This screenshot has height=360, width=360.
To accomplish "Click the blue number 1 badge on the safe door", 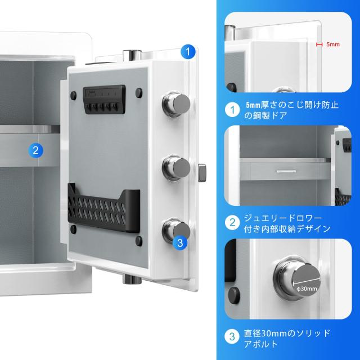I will (188, 52).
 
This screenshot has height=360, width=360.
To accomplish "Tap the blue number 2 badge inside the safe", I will (35, 150).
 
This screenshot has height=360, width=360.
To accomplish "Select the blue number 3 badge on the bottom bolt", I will (179, 243).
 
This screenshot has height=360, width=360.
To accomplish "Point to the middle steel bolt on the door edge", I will (175, 166).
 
